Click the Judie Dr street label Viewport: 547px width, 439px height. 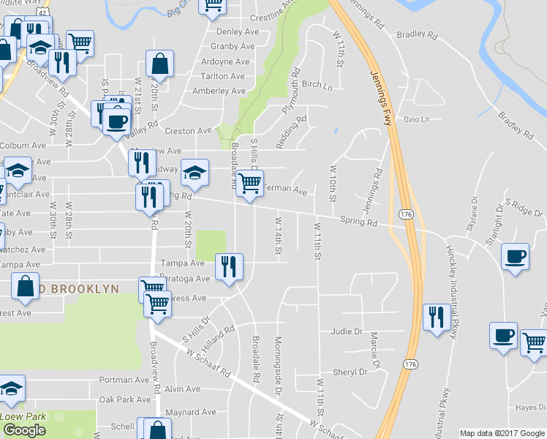pyautogui.click(x=347, y=331)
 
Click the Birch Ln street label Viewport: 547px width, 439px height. pyautogui.click(x=317, y=85)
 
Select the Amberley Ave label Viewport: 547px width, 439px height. pyautogui.click(x=218, y=91)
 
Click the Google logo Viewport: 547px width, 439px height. pyautogui.click(x=24, y=430)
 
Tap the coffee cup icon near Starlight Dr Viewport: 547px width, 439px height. pyautogui.click(x=515, y=256)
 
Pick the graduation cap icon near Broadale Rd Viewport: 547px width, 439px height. pyautogui.click(x=195, y=173)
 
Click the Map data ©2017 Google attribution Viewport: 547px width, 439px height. pyautogui.click(x=501, y=433)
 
